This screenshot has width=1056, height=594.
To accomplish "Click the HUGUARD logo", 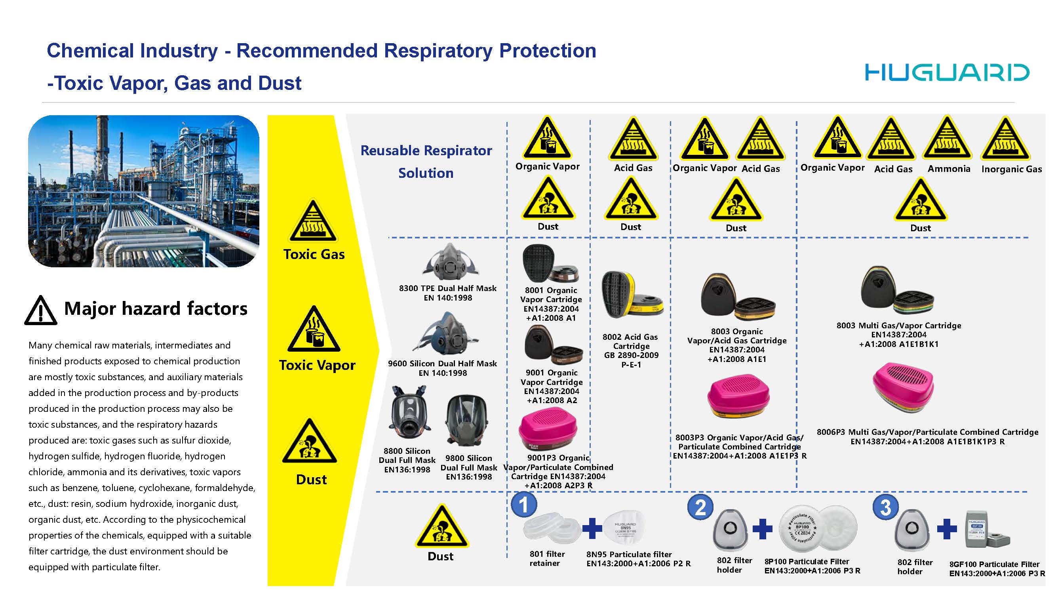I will pos(947,72).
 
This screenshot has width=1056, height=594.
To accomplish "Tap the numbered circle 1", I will pos(524,505).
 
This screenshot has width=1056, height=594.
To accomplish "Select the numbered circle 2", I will pos(700,508).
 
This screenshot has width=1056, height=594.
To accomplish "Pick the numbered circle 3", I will pos(885,508).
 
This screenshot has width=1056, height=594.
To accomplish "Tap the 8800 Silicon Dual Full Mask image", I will pos(409,413).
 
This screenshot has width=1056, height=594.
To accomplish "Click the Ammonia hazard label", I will pos(949,169).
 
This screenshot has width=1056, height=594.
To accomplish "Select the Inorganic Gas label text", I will pos(1011,169).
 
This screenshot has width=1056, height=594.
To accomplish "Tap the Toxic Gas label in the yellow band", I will pos(314,254).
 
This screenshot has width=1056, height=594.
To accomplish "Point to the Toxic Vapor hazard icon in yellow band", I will pos(314,330).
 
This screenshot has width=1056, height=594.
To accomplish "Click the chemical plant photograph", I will pos(143,191).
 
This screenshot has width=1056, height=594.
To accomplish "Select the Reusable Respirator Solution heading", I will pos(426,162).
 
